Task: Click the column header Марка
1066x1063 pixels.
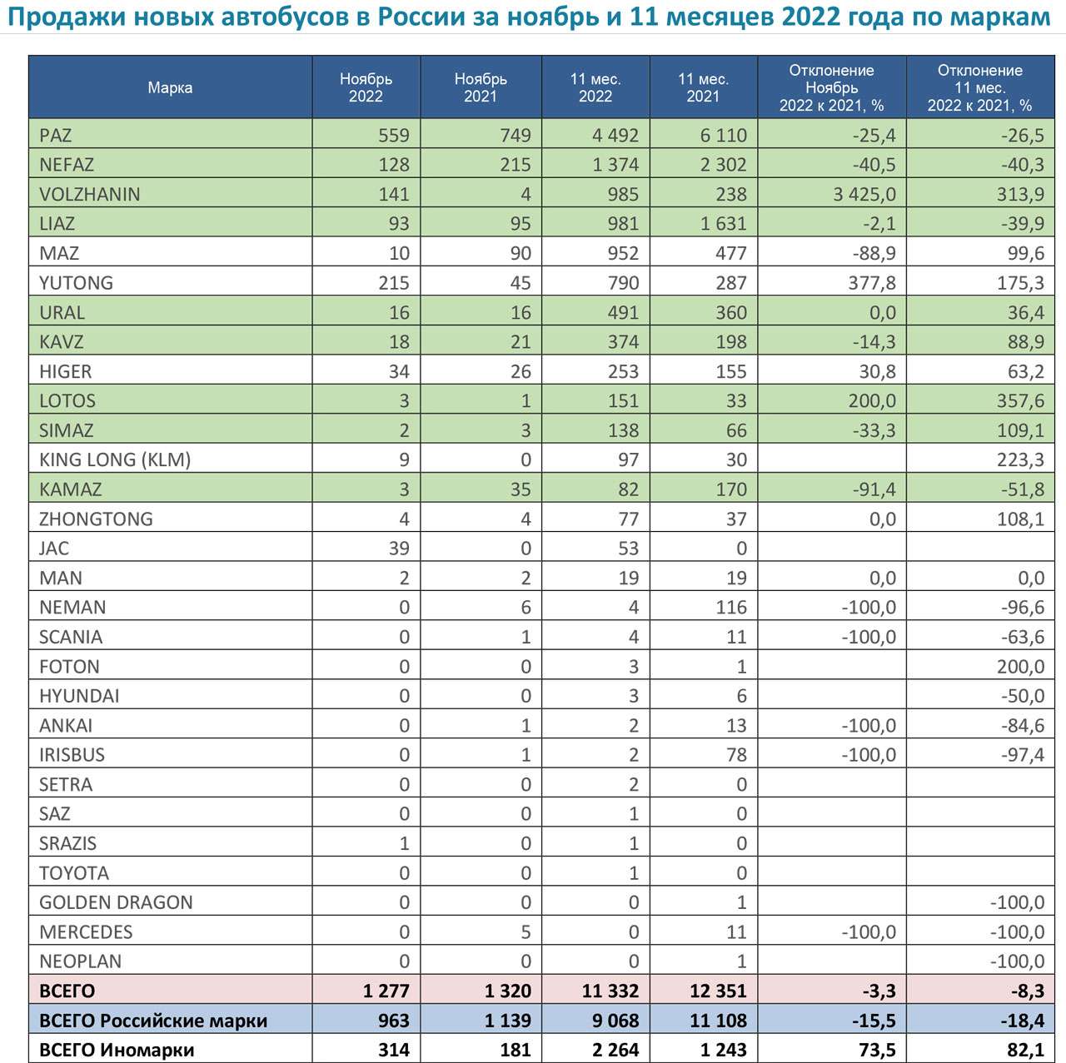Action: pyautogui.click(x=170, y=87)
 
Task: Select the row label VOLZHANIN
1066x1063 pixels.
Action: pyautogui.click(x=90, y=194)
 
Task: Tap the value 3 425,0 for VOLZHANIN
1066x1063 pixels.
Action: pyautogui.click(x=864, y=194)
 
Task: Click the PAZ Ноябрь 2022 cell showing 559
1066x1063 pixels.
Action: pyautogui.click(x=394, y=135)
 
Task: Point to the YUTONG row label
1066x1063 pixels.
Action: pyautogui.click(x=77, y=283)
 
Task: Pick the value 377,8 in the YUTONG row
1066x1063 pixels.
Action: pyautogui.click(x=873, y=283)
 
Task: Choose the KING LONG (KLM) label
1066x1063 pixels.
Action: pyautogui.click(x=115, y=459)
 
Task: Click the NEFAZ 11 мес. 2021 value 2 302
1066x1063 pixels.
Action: pyautogui.click(x=724, y=165)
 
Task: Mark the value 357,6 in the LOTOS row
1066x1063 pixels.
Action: pyautogui.click(x=1021, y=400)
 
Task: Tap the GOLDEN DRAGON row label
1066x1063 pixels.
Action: pyautogui.click(x=116, y=902)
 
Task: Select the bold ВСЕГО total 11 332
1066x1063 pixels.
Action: pyautogui.click(x=610, y=991)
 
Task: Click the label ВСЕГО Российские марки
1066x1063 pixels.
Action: pyautogui.click(x=153, y=1021)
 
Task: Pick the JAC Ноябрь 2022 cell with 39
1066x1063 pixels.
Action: pyautogui.click(x=399, y=548)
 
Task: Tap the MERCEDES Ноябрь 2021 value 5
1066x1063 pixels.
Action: pyautogui.click(x=526, y=932)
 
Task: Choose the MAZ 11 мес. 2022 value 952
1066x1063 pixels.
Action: pyautogui.click(x=623, y=253)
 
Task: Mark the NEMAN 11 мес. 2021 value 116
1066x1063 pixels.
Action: pyautogui.click(x=731, y=608)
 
